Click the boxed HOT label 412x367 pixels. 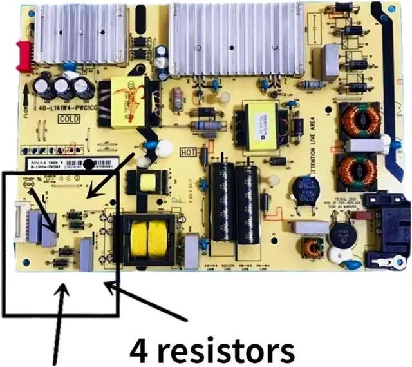coord(189,153)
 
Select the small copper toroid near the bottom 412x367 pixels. coord(313,247)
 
